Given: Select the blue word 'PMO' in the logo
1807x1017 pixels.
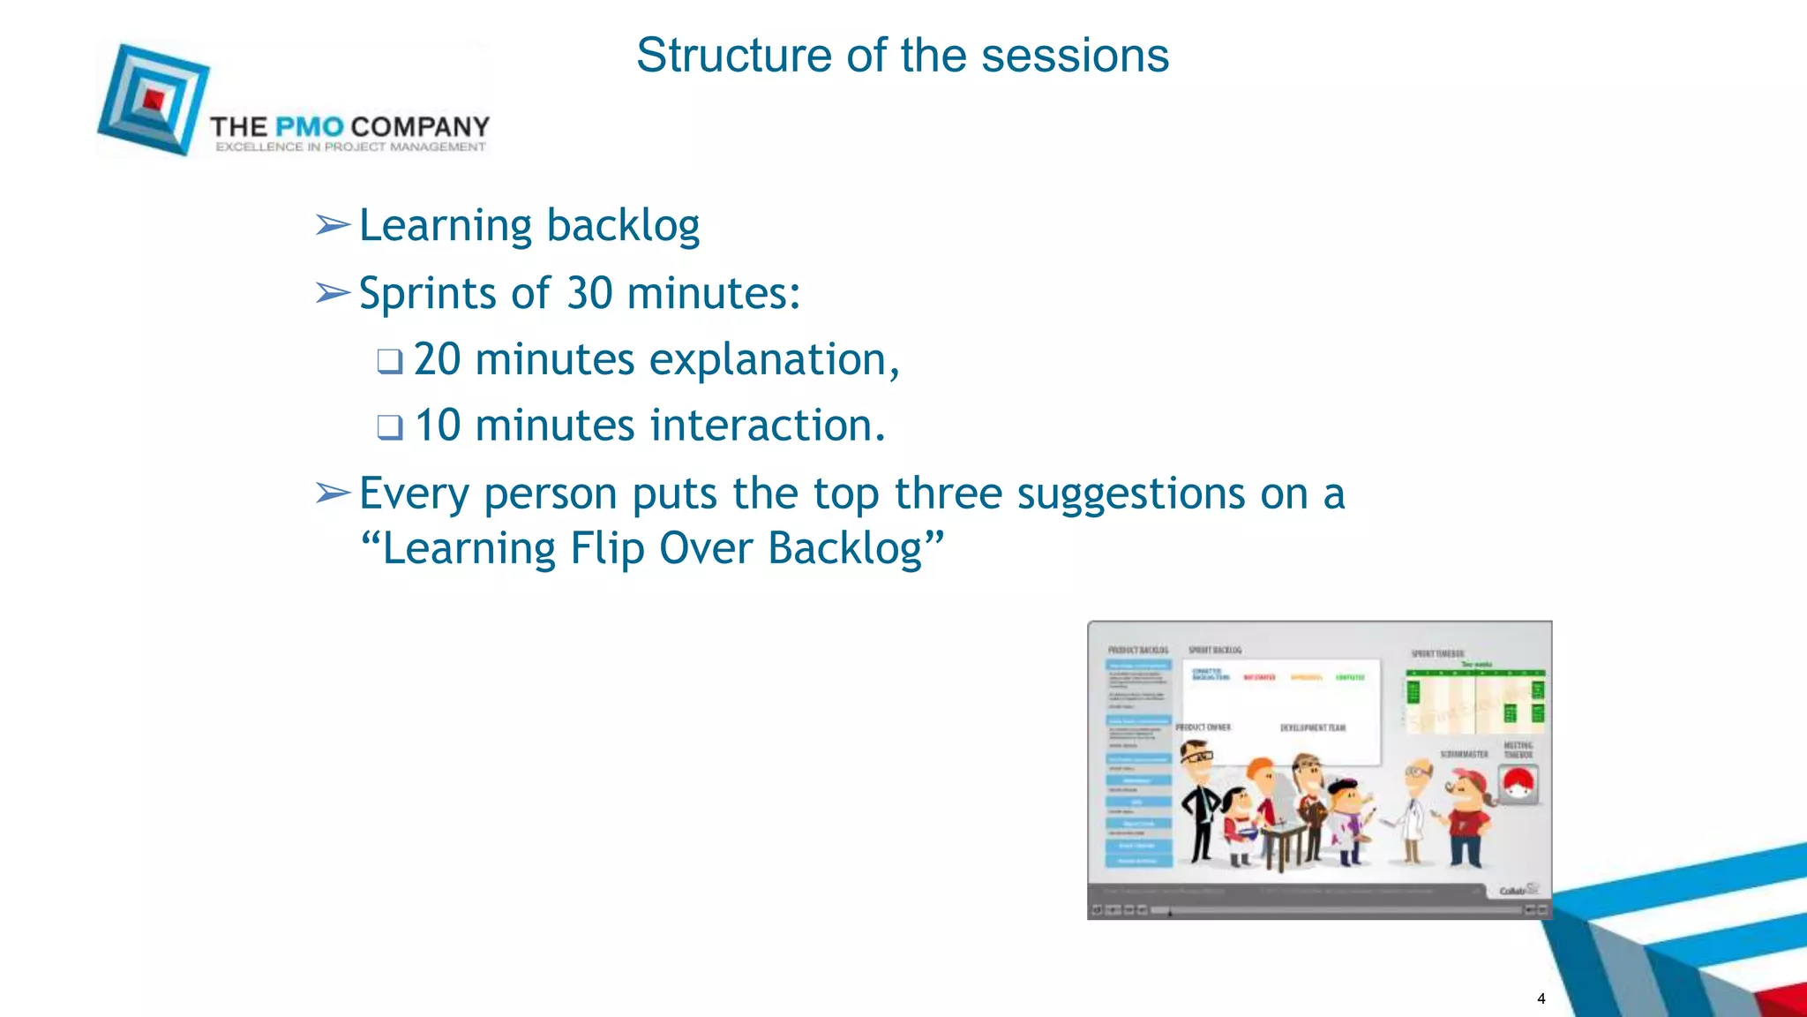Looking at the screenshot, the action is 309,127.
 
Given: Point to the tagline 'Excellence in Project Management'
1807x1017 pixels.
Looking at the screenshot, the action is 350,147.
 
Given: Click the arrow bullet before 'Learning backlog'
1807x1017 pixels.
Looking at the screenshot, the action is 333,226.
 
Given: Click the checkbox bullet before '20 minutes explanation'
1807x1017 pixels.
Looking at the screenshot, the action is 389,361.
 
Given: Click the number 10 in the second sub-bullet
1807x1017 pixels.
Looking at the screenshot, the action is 438,426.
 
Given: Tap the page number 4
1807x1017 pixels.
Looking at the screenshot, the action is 1541,998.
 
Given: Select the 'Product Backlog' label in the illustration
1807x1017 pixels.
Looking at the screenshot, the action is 1137,650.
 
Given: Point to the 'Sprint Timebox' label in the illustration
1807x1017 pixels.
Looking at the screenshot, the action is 1437,654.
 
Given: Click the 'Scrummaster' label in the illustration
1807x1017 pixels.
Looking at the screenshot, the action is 1464,754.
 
